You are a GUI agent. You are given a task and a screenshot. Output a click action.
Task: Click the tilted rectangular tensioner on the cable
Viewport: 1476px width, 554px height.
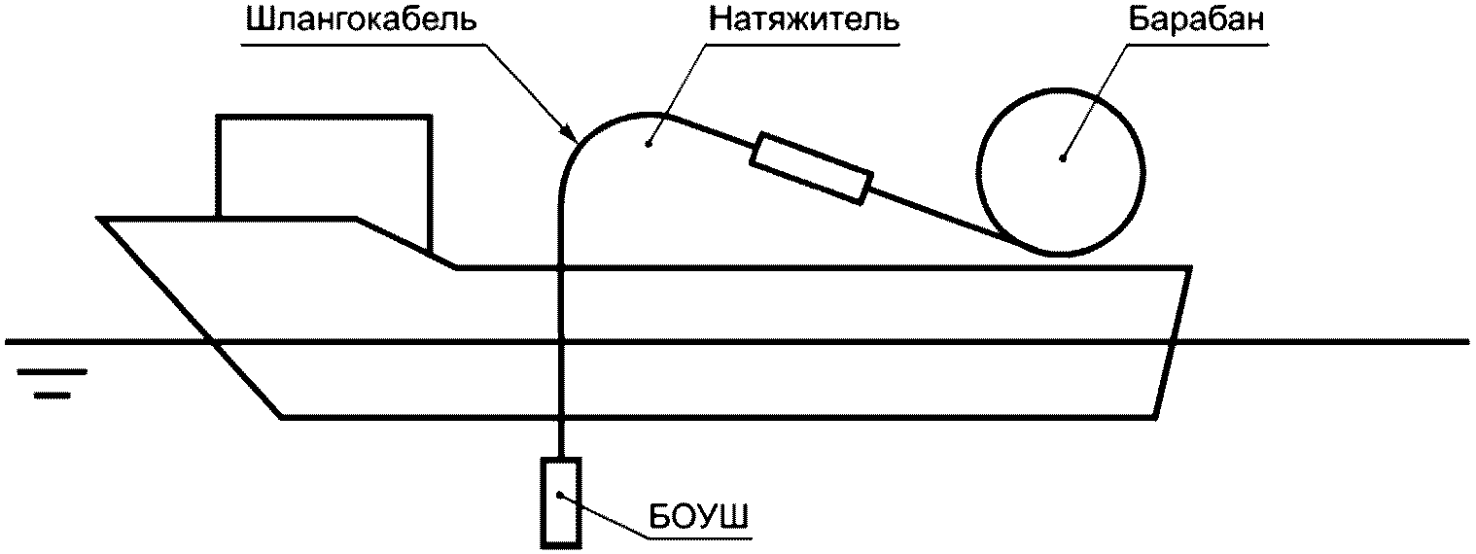pos(810,168)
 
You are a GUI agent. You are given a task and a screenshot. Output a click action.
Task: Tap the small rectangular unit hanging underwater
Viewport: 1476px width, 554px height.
pos(559,501)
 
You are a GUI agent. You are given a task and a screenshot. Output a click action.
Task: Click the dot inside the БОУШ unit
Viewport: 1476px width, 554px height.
pos(560,495)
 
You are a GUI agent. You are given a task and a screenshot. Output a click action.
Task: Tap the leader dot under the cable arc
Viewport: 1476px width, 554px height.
pos(648,146)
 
